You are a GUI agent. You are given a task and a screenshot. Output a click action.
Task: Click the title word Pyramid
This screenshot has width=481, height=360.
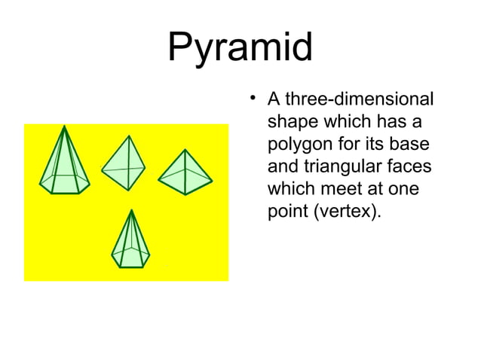[240, 48]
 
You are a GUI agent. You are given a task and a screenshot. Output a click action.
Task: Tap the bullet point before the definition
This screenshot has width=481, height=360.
[253, 98]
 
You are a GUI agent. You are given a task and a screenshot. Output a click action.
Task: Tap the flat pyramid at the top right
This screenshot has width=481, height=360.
[185, 172]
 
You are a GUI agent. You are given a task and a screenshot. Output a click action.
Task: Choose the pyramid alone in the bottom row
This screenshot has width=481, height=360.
[131, 241]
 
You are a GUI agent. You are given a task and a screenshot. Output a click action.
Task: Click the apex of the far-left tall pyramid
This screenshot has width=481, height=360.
[65, 127]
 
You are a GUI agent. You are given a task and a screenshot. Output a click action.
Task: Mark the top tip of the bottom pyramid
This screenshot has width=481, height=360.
[132, 212]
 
